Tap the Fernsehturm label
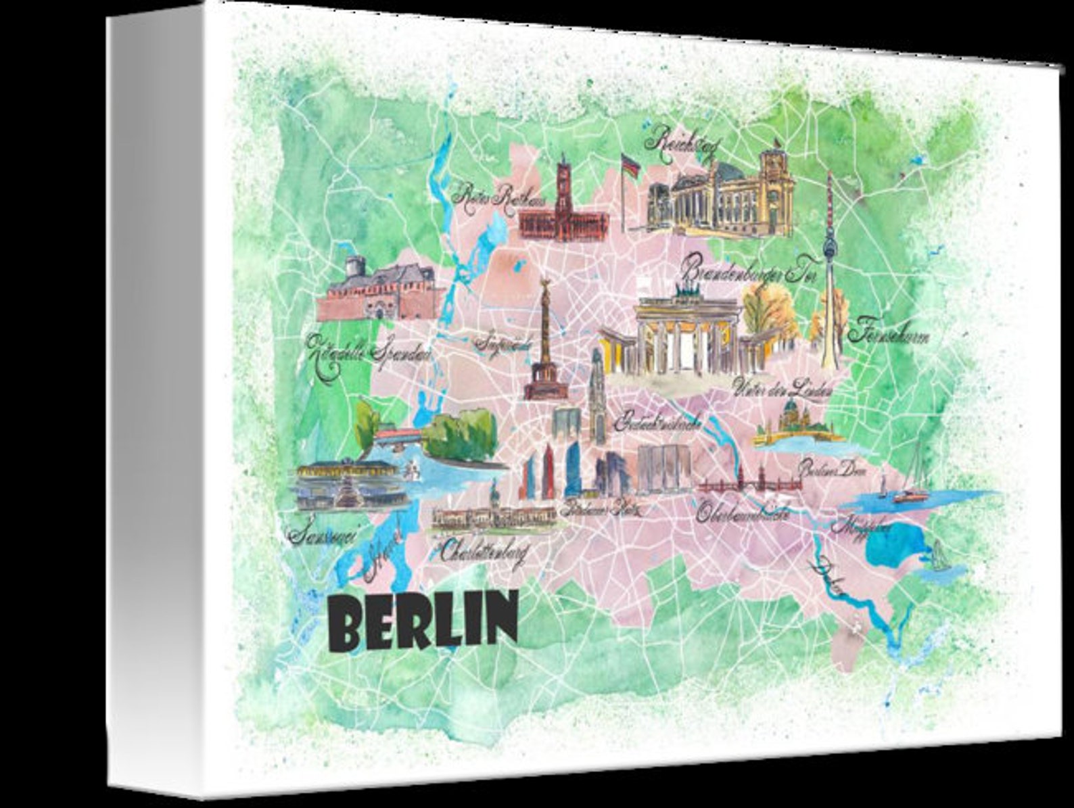887,334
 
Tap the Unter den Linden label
782,388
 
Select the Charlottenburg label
483,550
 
